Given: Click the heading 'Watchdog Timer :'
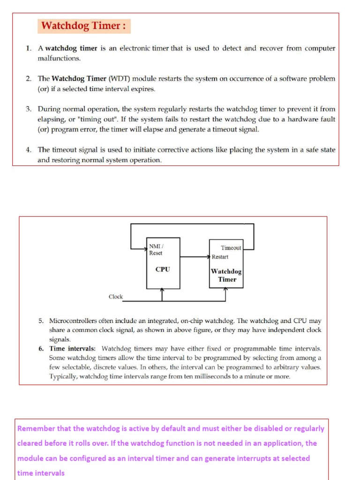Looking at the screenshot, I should click(x=83, y=26).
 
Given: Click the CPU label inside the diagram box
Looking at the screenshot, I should click(x=162, y=270).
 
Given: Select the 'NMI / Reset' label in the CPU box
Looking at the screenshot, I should click(x=156, y=249).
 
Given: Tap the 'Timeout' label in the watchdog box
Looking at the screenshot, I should click(x=231, y=248).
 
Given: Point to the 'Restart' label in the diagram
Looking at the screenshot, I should click(x=220, y=257).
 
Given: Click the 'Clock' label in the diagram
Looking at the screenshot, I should click(x=115, y=297).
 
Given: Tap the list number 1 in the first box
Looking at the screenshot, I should click(x=28, y=49).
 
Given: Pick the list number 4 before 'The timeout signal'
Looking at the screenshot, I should click(x=28, y=150).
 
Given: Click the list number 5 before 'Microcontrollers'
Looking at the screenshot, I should click(x=41, y=321).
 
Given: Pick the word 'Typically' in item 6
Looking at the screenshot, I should click(x=65, y=376).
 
